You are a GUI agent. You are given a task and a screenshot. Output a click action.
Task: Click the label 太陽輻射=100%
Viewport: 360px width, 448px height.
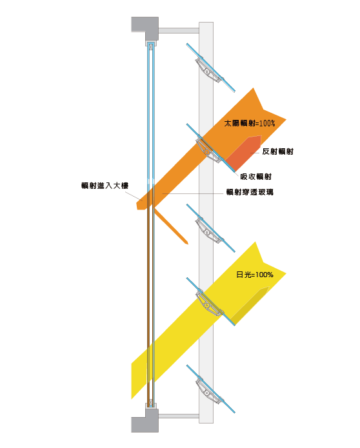[x=249, y=123]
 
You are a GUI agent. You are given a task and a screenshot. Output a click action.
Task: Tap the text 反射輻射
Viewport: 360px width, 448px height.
[x=277, y=151]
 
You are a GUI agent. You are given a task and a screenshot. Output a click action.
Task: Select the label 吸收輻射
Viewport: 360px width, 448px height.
[x=255, y=177]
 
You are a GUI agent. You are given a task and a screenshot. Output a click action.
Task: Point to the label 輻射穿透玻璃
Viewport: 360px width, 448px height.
[x=250, y=192]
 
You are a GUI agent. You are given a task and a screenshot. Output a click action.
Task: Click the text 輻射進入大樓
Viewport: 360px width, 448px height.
[x=105, y=186]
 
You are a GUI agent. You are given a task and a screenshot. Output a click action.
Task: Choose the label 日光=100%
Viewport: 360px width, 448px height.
[x=254, y=275]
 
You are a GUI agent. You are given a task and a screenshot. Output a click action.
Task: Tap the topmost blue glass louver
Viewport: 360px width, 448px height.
[x=211, y=68]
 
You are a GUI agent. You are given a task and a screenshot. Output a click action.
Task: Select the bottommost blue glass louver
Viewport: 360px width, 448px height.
[x=211, y=389]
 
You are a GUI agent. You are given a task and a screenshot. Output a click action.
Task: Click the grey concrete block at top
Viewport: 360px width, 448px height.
[x=145, y=28]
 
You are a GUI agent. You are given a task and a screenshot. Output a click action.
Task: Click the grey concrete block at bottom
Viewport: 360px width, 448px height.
[x=145, y=420]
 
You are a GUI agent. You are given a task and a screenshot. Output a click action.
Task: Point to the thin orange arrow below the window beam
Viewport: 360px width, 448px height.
[x=171, y=226]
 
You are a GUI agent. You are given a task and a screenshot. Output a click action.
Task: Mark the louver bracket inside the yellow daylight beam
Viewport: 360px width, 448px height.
[x=209, y=305]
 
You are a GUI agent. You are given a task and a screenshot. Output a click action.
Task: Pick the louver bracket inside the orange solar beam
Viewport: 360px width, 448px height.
[x=209, y=151]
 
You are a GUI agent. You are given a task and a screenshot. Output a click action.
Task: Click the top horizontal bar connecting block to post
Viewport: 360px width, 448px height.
[x=179, y=30]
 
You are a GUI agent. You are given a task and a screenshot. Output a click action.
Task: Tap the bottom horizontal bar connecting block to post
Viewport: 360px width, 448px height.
[x=179, y=416]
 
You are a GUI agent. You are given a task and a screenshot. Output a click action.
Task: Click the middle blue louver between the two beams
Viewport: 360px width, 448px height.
[x=211, y=228]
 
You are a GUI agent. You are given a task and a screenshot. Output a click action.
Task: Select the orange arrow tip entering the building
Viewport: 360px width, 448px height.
[x=140, y=204]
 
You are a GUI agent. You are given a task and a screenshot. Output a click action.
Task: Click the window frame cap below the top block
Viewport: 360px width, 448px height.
[x=151, y=44]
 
